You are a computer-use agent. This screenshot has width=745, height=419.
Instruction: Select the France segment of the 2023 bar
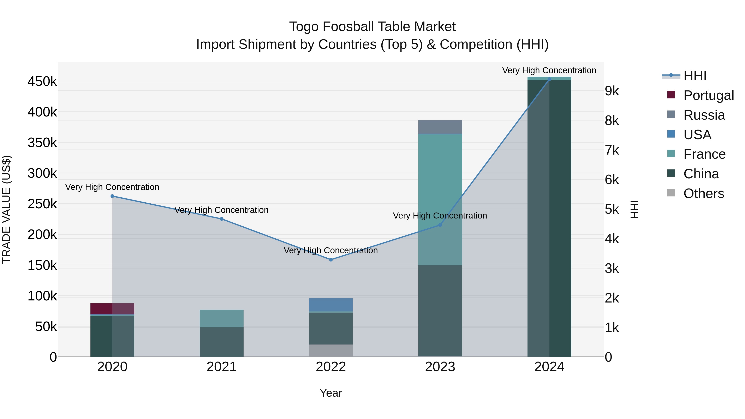[x=440, y=199]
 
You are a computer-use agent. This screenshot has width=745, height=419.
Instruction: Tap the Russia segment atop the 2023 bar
[x=440, y=127]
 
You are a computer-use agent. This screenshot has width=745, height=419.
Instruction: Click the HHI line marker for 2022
[x=331, y=260]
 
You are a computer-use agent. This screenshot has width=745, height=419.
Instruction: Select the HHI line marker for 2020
[x=113, y=196]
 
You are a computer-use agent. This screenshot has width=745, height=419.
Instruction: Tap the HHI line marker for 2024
[x=549, y=79]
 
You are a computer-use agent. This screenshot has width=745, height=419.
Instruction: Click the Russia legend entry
[x=704, y=115]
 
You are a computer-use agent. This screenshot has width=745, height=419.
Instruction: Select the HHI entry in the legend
[x=695, y=76]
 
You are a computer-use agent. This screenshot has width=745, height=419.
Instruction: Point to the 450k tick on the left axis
[x=42, y=82]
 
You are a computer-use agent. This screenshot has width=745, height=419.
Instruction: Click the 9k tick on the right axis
[x=612, y=91]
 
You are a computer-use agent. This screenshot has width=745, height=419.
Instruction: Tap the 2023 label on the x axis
[x=440, y=367]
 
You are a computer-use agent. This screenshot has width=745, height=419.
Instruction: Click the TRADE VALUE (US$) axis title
[x=7, y=209]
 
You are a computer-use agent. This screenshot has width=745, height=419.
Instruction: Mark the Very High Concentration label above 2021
[x=221, y=210]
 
